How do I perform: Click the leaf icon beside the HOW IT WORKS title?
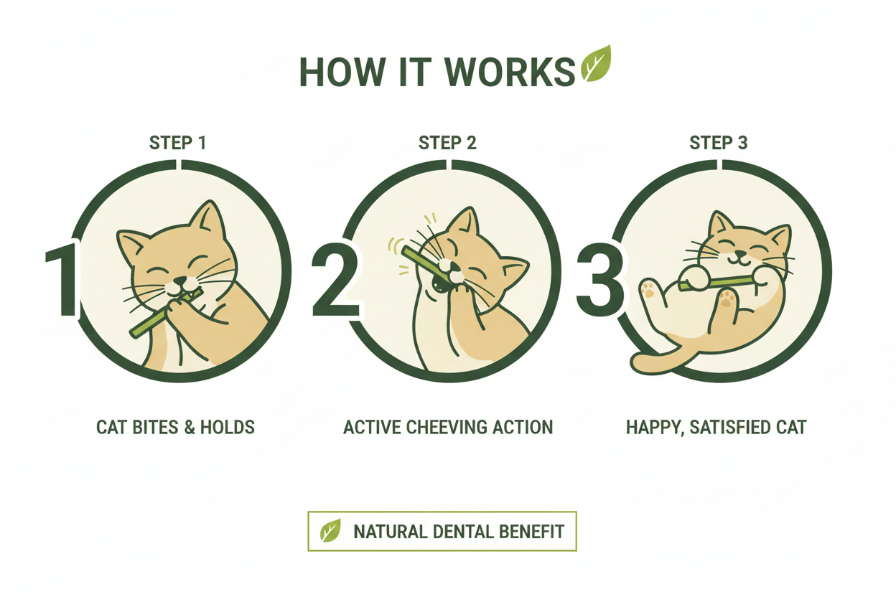click(x=595, y=64)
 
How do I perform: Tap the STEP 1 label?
click(x=177, y=143)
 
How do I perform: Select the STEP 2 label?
click(x=447, y=143)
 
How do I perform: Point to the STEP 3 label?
click(x=718, y=143)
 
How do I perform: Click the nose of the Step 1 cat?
click(x=179, y=281)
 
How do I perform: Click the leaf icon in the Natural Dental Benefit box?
click(x=330, y=531)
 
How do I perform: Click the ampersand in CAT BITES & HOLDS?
click(x=191, y=428)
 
